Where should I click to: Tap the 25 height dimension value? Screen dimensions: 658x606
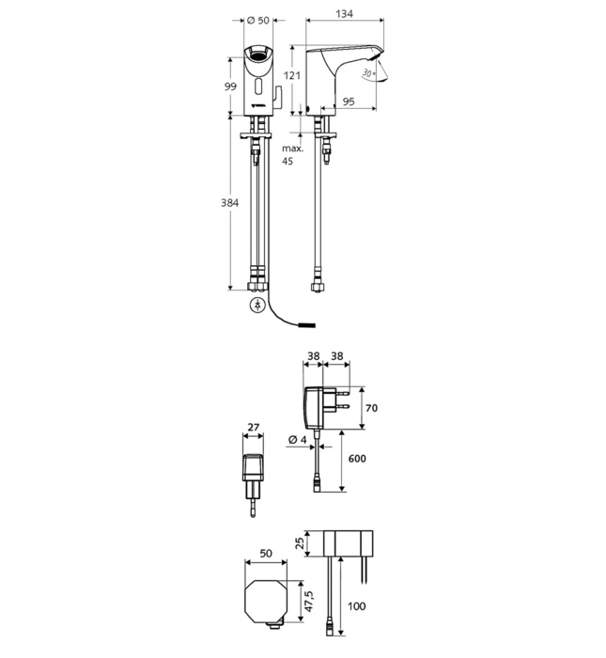300,543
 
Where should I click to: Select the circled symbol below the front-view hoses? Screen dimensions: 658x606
256,305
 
